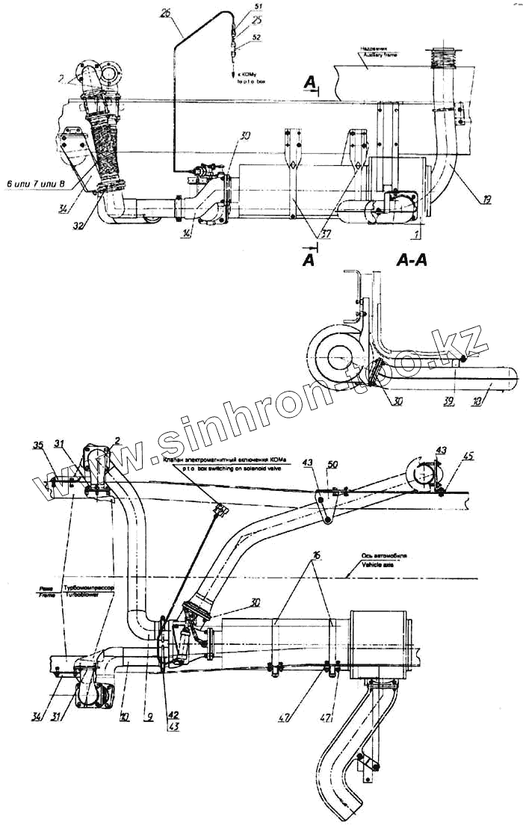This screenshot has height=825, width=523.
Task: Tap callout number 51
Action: click(x=258, y=6)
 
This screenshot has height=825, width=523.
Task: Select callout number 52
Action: click(x=258, y=36)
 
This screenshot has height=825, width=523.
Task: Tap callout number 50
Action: click(x=333, y=465)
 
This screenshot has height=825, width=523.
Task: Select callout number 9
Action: click(x=150, y=715)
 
